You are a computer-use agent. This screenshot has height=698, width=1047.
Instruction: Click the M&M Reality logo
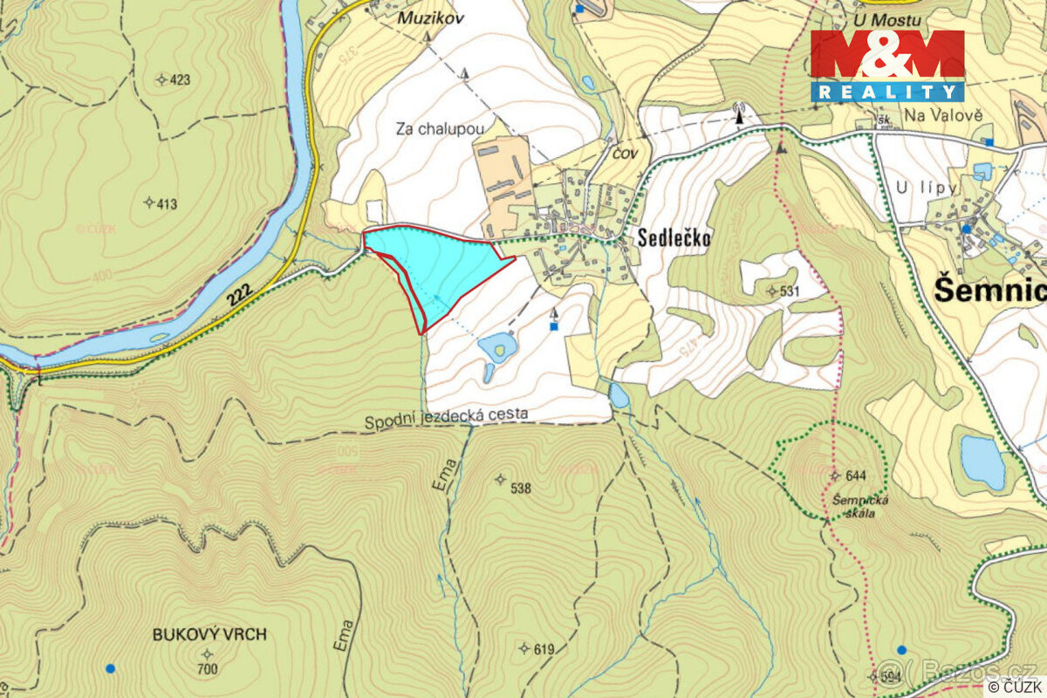pyautogui.click(x=887, y=65)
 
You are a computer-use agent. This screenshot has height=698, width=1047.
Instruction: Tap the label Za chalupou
pyautogui.click(x=440, y=129)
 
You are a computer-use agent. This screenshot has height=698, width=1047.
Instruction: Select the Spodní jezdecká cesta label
pyautogui.click(x=446, y=416)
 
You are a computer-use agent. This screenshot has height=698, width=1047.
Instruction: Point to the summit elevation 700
pyautogui.click(x=208, y=669)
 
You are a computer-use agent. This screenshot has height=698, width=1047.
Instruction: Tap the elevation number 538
pyautogui.click(x=520, y=489)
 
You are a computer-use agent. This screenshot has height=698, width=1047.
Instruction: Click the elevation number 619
pyautogui.click(x=544, y=648)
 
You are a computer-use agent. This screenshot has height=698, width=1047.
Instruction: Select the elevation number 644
pyautogui.click(x=854, y=476)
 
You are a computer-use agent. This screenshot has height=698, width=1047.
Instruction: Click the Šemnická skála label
pyautogui.click(x=853, y=507)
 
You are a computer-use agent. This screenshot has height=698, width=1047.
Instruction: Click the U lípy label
pyautogui.click(x=914, y=188)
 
